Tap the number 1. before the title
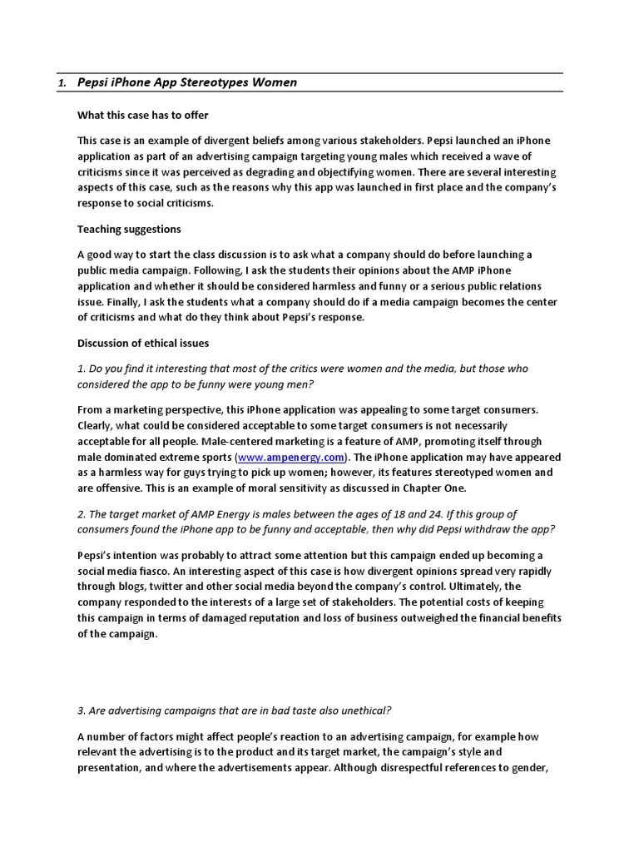[62, 83]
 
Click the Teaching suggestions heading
[129, 229]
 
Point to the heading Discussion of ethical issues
[143, 343]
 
